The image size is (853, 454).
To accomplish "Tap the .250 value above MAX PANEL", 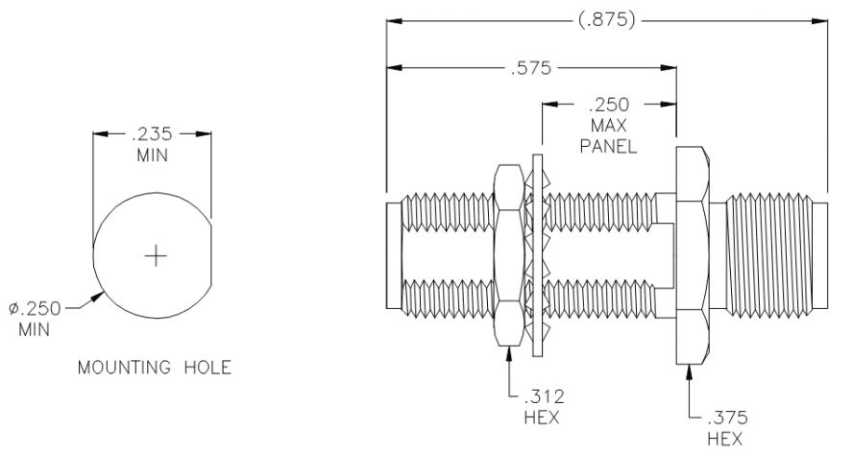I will (x=609, y=105).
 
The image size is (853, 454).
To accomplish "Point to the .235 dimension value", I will (x=151, y=136).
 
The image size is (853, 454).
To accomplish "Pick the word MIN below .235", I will (x=151, y=156).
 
